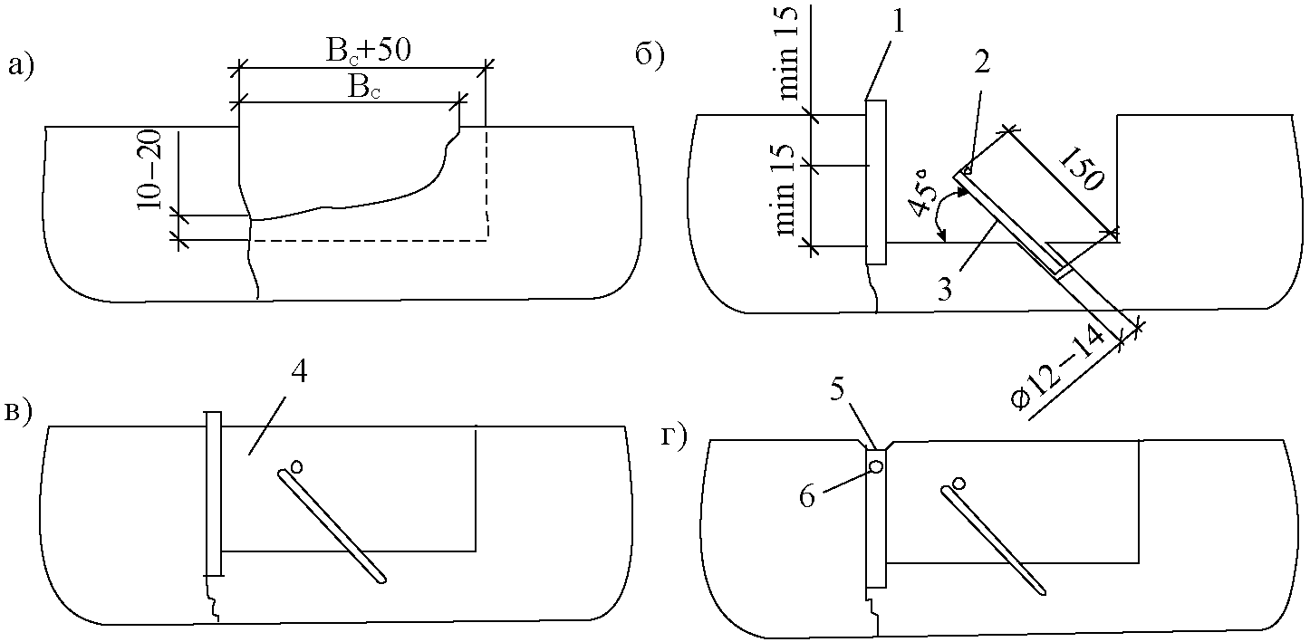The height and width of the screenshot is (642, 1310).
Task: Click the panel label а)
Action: pyautogui.click(x=21, y=65)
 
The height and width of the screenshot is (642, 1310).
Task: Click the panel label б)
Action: pyautogui.click(x=650, y=55)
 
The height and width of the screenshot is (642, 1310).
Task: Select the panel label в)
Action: pyautogui.click(x=18, y=413)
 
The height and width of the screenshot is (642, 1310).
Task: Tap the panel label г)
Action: pyautogui.click(x=675, y=437)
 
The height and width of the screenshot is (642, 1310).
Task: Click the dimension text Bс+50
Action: pyautogui.click(x=369, y=52)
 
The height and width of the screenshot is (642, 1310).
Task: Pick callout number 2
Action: pyautogui.click(x=982, y=62)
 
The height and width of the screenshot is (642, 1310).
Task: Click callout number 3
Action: pyautogui.click(x=945, y=289)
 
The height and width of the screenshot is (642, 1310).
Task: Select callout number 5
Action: pyautogui.click(x=837, y=390)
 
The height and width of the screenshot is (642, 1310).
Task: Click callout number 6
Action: pyautogui.click(x=806, y=497)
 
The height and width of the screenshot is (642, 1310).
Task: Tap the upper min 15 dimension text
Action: pyautogui.click(x=789, y=53)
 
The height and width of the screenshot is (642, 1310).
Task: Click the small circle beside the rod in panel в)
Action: pyautogui.click(x=296, y=466)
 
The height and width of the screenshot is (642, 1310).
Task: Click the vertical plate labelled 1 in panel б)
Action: pyautogui.click(x=875, y=182)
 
